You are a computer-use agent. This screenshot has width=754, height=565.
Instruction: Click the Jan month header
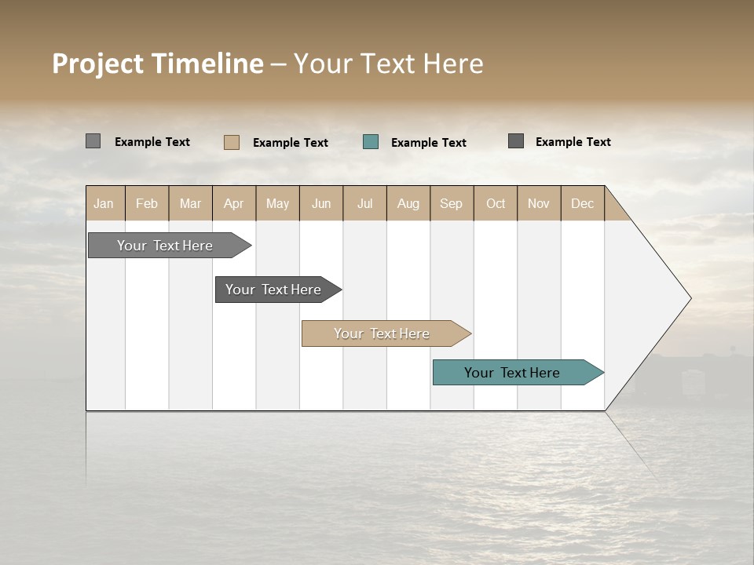(104, 203)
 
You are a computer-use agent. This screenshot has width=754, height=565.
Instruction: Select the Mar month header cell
(190, 203)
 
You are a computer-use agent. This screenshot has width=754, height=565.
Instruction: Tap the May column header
(277, 203)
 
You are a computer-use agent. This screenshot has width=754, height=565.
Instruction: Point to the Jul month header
(364, 203)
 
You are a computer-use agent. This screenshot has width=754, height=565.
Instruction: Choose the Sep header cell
(451, 203)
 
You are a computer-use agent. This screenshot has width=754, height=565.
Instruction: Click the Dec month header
(582, 203)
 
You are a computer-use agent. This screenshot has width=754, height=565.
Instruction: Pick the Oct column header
(496, 203)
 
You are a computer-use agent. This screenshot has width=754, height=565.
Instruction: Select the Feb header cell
(147, 203)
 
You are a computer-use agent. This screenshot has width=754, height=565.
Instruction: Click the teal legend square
(371, 142)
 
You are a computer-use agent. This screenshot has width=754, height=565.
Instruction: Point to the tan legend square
(232, 142)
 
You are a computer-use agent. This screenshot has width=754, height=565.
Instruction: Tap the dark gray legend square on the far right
(516, 141)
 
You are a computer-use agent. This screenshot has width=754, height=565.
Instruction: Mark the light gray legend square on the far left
(93, 141)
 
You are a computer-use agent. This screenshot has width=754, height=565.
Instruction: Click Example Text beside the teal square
(428, 143)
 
